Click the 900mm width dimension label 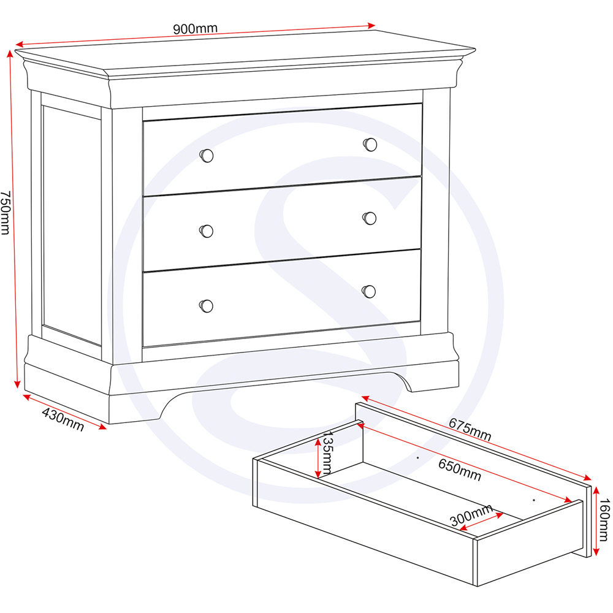[195, 28]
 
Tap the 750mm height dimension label [6, 212]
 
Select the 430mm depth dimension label [63, 420]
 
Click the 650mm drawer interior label [460, 469]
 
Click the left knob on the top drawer [207, 156]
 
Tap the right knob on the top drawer [370, 145]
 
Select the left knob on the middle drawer [207, 230]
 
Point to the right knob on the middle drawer [369, 218]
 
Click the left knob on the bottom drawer [207, 305]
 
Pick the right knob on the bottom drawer [369, 291]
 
